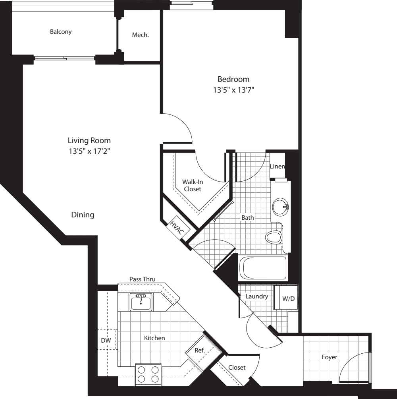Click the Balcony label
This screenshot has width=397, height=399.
[x=61, y=32]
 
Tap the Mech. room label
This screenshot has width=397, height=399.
[x=141, y=35]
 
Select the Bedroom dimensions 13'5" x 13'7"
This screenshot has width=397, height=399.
[x=233, y=90]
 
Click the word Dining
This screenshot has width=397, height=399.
[x=83, y=215]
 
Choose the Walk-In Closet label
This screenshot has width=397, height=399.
[x=192, y=185]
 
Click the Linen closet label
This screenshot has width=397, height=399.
[x=277, y=166]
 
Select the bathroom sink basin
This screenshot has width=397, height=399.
[x=281, y=206]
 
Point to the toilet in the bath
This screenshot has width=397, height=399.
[x=274, y=237]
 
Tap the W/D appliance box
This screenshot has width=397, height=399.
[x=288, y=298]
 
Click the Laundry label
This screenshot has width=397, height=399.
[x=256, y=296]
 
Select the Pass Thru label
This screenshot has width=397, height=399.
[x=142, y=279]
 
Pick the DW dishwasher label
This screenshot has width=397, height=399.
[x=106, y=340]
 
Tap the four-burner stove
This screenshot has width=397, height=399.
[x=148, y=374]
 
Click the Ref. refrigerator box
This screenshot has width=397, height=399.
[x=200, y=351]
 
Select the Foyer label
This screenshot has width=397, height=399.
[x=329, y=357]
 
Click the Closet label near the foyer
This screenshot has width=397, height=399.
[x=237, y=368]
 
